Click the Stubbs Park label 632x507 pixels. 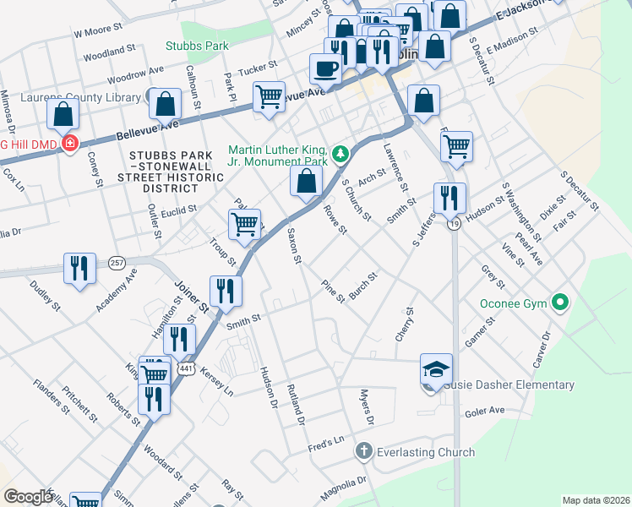198,45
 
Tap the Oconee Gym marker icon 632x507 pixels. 558,302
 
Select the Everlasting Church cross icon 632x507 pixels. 364,452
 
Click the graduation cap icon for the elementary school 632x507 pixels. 436,369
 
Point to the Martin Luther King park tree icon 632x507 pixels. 340,153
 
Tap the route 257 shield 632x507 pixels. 116,264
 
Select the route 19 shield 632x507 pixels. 455,224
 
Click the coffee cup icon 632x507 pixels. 325,68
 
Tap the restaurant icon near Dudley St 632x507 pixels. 80,269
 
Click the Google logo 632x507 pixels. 28,497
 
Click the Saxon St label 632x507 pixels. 293,245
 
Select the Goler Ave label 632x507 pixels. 484,412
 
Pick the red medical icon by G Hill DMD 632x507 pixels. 69,143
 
